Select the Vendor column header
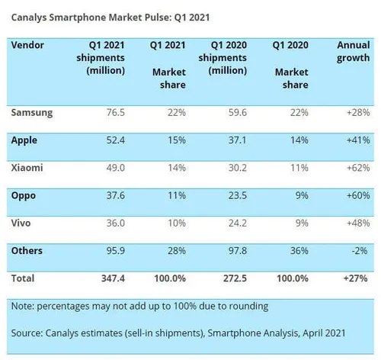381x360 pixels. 28,45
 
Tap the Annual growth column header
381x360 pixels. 353,52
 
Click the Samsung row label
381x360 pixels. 33,113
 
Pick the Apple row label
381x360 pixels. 25,140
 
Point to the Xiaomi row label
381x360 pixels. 28,168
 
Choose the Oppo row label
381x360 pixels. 25,195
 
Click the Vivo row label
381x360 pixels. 24,223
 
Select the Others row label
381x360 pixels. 27,250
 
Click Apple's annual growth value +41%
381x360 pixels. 355,140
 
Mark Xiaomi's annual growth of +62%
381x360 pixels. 355,168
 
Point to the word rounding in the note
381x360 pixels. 246,306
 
